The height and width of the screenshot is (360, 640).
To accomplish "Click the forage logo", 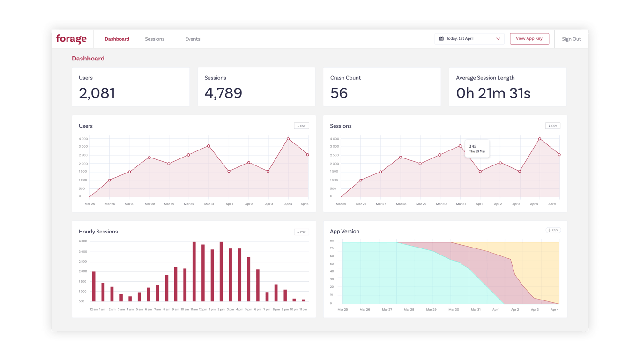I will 71,39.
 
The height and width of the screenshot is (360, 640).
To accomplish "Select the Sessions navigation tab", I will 155,39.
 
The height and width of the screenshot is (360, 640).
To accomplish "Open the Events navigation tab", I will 193,39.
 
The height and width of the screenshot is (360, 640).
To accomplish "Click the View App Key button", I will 529,39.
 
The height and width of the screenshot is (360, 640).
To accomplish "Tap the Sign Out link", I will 571,39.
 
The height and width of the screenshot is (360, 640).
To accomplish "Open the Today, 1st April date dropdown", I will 469,39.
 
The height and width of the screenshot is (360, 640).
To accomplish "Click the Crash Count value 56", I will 339,93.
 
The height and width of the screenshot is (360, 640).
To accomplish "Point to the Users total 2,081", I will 97,93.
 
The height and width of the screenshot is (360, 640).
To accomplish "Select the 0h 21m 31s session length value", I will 493,93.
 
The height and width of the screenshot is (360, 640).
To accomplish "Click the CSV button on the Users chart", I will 301,126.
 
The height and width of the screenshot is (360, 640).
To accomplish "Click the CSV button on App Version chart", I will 553,230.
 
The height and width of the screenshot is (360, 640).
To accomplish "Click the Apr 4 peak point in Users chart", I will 288,139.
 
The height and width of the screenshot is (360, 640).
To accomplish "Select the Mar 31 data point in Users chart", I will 208,146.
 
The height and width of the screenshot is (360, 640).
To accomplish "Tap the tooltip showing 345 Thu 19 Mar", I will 477,149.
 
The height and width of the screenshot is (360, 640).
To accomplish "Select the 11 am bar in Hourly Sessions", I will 194,272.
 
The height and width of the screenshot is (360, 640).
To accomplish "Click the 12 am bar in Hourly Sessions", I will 94,286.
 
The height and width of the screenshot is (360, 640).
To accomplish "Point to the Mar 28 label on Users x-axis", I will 150,204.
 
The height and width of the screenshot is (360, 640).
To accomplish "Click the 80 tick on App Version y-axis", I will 332,241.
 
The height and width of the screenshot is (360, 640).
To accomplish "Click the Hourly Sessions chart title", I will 98,232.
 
